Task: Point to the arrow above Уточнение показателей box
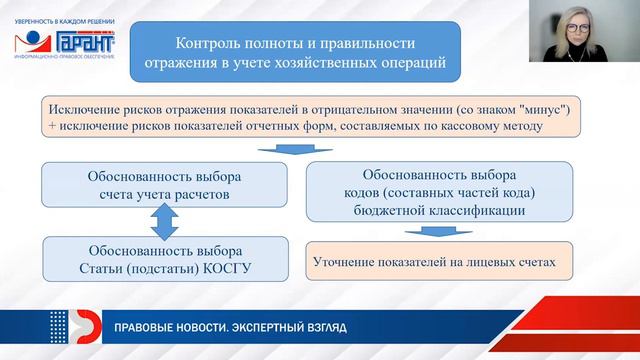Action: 432,233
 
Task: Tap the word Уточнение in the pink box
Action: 346,263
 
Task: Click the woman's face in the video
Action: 579,29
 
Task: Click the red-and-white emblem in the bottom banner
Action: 70,328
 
